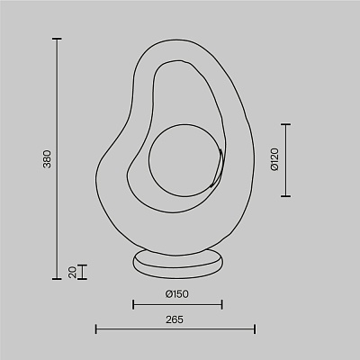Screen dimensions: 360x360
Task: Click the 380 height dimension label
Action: pos(48,158)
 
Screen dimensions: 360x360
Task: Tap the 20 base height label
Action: pos(73,272)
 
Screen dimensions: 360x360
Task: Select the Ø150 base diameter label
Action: pos(177,294)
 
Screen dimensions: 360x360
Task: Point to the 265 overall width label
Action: pos(175,319)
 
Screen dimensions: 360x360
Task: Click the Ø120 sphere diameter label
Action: pos(274,159)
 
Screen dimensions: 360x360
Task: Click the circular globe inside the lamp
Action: pos(185,160)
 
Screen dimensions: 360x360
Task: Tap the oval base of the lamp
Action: pos(178,264)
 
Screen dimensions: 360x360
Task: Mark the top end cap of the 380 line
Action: pos(57,39)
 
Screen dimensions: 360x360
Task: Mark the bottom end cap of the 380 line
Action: pos(57,279)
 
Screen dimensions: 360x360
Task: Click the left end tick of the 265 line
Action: pos(96,328)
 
